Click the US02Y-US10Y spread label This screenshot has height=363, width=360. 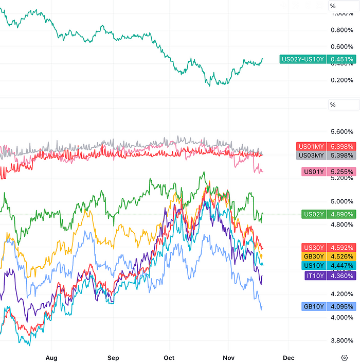pos(303,59)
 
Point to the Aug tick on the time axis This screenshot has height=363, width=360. pos(50,357)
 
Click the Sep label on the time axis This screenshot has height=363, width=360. pos(113,357)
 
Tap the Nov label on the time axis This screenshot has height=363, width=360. pos(228,357)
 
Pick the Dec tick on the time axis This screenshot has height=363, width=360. pos(288,357)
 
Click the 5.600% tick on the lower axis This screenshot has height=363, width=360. pos(343,131)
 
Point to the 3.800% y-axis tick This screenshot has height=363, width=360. pos(343,340)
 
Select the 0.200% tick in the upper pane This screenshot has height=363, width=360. pos(343,80)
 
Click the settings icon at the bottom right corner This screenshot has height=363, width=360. pos(344,357)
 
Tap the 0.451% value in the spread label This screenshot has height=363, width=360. pos(342,59)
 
